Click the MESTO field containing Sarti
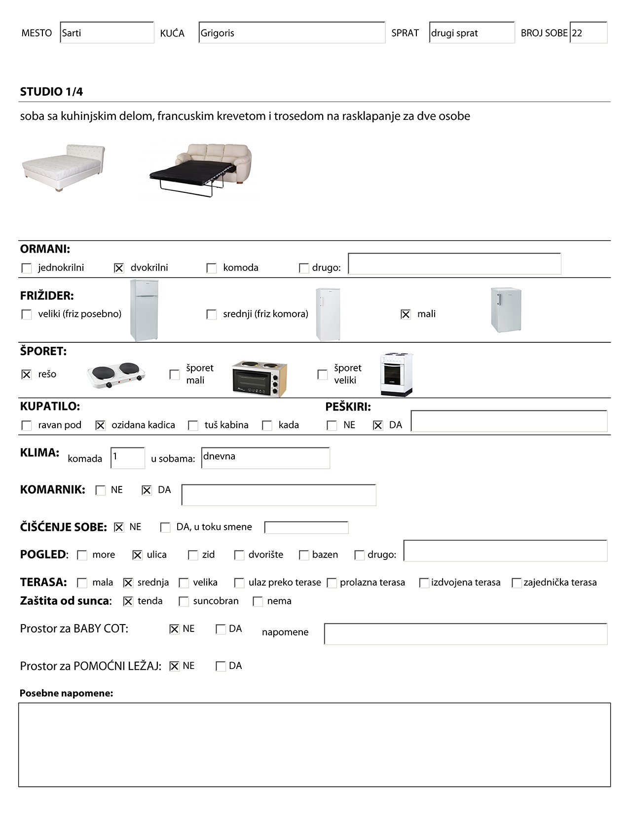(107, 33)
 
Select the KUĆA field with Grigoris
(292, 33)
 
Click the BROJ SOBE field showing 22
(588, 33)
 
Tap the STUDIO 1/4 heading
(51, 92)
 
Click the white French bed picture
(63, 168)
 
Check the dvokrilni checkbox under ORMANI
(119, 268)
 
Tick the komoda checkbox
(212, 268)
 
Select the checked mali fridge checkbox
(406, 314)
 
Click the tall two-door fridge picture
(144, 310)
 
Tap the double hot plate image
(116, 375)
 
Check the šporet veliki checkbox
(323, 374)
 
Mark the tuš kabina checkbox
(193, 425)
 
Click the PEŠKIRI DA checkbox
(378, 425)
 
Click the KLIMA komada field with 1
(128, 458)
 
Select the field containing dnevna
(265, 458)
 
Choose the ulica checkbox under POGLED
(138, 555)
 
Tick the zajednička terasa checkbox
(517, 583)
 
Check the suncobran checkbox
(184, 601)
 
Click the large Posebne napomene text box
(314, 744)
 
